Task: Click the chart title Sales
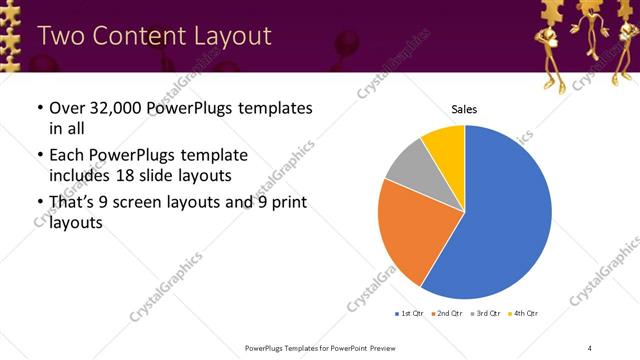[x=465, y=109]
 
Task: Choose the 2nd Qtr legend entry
[x=447, y=313]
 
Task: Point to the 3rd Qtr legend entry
[x=487, y=313]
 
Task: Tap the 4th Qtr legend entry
[x=525, y=313]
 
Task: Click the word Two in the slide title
[x=59, y=36]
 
